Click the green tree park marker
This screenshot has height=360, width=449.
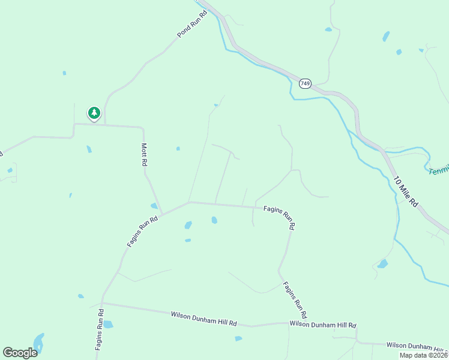(94, 112)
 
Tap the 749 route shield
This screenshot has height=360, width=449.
(306, 83)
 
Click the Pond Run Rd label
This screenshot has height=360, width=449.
(191, 24)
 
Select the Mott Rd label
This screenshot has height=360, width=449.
(144, 154)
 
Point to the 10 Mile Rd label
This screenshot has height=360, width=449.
(405, 192)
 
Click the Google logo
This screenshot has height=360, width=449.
(20, 353)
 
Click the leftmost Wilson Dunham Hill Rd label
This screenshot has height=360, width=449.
(203, 318)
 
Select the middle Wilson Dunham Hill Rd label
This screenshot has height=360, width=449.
(322, 324)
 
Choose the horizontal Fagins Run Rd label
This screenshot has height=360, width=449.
(279, 217)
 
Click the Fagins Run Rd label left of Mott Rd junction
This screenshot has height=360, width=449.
(142, 232)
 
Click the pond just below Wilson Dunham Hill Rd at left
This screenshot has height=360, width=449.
(108, 325)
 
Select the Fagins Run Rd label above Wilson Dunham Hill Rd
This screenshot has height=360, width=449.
(295, 300)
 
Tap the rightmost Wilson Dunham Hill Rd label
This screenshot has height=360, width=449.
(417, 346)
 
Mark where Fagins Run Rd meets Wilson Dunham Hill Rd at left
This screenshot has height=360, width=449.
(103, 303)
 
